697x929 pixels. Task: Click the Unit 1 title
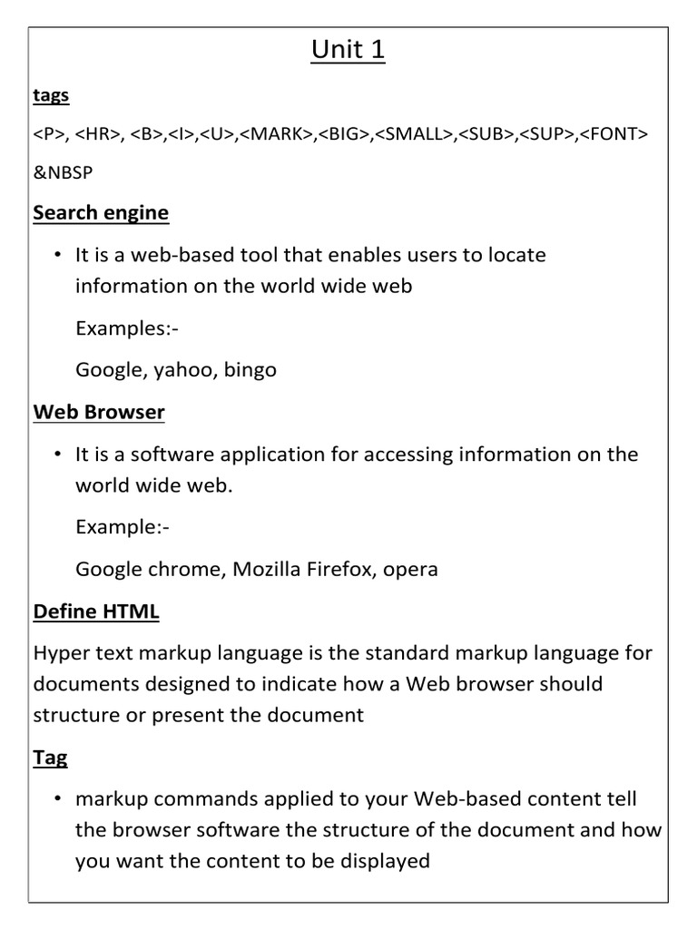coord(348,51)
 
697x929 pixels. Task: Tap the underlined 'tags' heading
coord(51,95)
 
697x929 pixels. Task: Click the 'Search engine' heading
coord(101,213)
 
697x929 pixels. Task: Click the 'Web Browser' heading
coord(99,413)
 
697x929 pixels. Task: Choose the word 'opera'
coord(410,570)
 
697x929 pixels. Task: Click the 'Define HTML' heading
coord(96,611)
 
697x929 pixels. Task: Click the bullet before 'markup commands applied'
coord(57,798)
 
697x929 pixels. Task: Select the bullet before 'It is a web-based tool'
coord(57,255)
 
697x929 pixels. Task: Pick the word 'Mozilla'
coord(267,569)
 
